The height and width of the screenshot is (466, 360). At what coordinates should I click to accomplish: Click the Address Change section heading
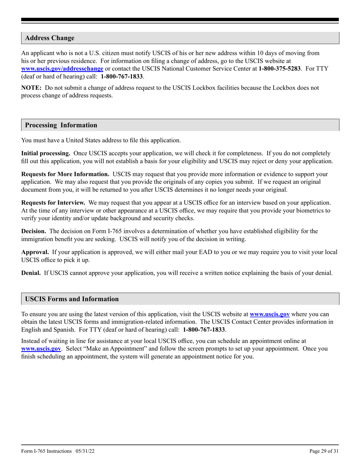50,38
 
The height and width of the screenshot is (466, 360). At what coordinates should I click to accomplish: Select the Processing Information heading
61,125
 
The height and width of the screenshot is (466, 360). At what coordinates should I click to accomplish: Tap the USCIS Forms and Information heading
72,299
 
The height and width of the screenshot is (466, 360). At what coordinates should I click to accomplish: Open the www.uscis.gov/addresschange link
62,69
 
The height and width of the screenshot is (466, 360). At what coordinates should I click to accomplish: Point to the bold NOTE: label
31,88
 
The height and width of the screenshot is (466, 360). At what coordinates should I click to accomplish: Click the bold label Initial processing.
46,153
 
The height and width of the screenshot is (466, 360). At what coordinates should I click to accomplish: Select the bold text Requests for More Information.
65,174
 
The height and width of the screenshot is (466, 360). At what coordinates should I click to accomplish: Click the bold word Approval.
35,252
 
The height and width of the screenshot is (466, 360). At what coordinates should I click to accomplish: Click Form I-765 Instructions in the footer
46,451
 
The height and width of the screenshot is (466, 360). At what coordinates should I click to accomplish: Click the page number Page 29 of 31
324,451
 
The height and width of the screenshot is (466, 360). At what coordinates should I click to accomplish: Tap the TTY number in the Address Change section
122,76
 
